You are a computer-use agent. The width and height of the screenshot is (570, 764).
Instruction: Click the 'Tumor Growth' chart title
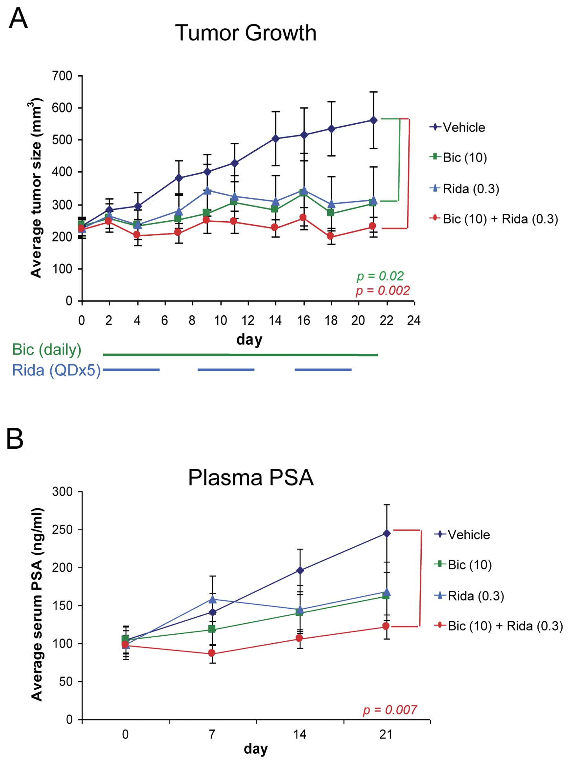pos(246,33)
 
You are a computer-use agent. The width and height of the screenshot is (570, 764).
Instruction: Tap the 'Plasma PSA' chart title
pos(251,477)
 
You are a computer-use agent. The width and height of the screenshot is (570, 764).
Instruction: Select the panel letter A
pos(18,18)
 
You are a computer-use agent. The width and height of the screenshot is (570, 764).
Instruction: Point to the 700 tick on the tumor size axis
pos(62,76)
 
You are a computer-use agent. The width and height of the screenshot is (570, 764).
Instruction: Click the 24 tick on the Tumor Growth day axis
pos(414,320)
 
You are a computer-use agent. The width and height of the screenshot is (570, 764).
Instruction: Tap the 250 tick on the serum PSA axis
pos(62,529)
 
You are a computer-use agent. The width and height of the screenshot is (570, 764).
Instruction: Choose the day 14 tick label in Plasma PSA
pos(300,734)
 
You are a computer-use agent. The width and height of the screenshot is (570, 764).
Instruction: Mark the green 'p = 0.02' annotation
pos(380,276)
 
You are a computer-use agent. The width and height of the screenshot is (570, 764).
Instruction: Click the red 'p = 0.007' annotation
pos(390,709)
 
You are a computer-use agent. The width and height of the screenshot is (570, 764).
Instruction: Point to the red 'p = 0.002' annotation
pos(382,291)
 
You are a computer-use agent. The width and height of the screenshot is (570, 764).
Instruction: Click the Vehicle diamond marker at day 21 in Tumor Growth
pos(373,120)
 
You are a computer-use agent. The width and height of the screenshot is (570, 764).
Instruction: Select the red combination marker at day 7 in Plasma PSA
pos(212,653)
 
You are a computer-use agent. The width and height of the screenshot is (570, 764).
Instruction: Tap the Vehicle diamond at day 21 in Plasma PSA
pos(387,533)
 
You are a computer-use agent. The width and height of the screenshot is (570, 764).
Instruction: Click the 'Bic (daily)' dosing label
pos(47,349)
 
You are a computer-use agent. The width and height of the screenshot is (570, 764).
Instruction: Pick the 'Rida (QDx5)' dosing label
pos(56,370)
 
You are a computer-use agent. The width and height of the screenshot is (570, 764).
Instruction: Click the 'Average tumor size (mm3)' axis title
pos(36,188)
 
